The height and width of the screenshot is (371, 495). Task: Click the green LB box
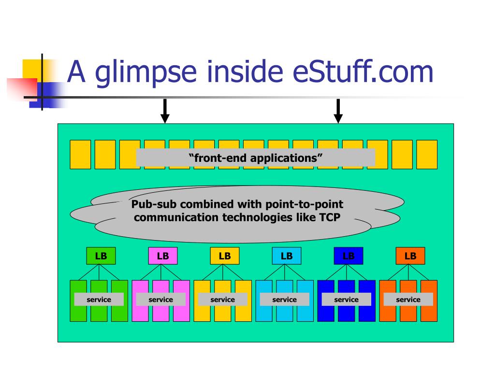(101, 256)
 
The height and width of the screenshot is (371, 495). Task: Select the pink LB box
(163, 256)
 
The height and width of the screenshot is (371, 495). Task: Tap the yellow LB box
(225, 256)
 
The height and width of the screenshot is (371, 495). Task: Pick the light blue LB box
(287, 256)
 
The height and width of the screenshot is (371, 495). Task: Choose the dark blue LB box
(349, 256)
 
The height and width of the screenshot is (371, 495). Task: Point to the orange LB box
(410, 256)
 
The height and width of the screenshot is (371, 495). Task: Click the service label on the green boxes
(99, 300)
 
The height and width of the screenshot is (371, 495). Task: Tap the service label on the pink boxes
(160, 300)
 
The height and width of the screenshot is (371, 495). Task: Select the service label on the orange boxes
(408, 300)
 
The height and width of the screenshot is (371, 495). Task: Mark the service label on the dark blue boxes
(346, 300)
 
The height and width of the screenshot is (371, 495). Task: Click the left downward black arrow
(165, 111)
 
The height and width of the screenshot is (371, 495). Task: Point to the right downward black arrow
(338, 111)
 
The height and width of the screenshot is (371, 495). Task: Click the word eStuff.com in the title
(363, 71)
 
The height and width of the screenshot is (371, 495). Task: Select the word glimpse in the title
(146, 73)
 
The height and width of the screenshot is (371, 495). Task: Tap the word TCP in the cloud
(330, 217)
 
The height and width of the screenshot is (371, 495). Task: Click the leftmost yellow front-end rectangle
(80, 155)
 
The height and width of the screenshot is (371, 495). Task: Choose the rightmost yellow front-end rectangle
(427, 155)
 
